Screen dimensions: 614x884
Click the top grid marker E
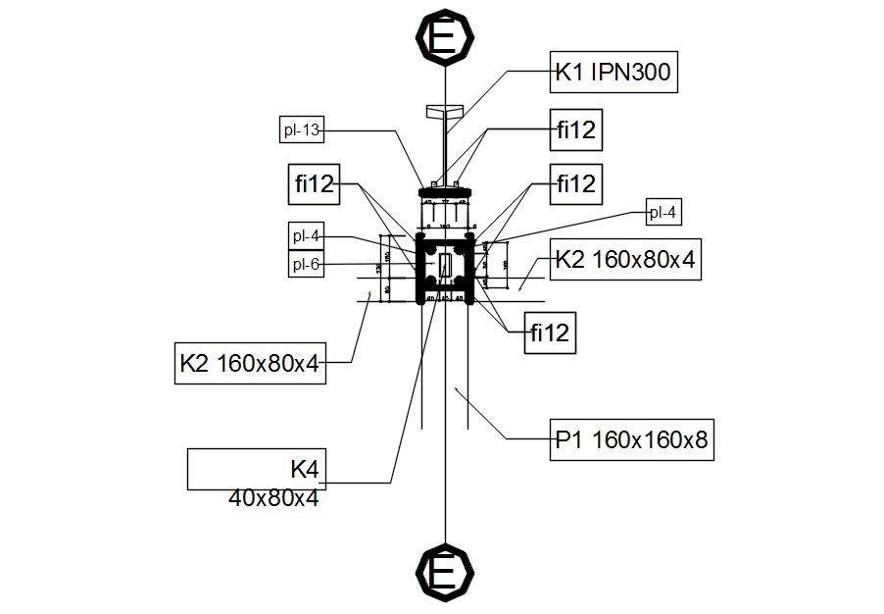click(445, 37)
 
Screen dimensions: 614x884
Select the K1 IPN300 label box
click(614, 73)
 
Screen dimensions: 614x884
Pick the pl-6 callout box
click(308, 264)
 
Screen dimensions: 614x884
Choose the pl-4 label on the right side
click(663, 212)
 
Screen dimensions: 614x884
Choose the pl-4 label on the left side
click(308, 236)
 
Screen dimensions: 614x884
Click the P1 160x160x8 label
click(630, 440)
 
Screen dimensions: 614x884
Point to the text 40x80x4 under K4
click(273, 498)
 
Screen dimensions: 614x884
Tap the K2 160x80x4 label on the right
click(624, 260)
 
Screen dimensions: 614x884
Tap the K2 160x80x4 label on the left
click(249, 362)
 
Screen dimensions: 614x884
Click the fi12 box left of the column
click(314, 183)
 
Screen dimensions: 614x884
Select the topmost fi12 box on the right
click(575, 130)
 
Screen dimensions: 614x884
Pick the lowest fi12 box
click(549, 333)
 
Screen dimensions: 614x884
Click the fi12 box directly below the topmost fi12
click(575, 183)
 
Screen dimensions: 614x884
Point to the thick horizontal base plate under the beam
click(446, 190)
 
